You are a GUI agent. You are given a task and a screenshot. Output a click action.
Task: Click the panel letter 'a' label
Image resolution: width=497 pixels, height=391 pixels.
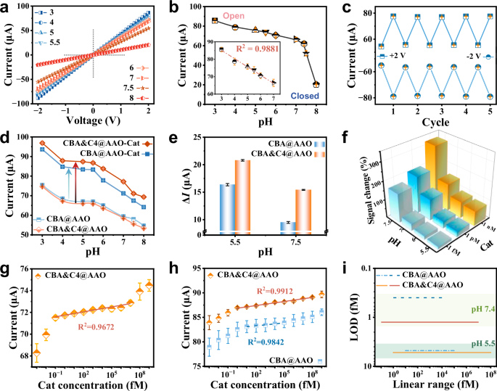[x=5, y=6]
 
